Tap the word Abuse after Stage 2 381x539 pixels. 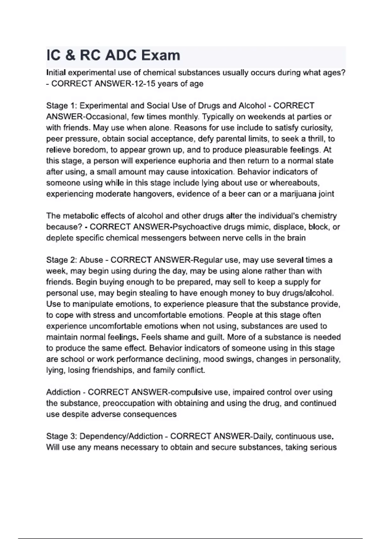click(x=91, y=260)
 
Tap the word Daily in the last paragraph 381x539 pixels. click(x=262, y=436)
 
